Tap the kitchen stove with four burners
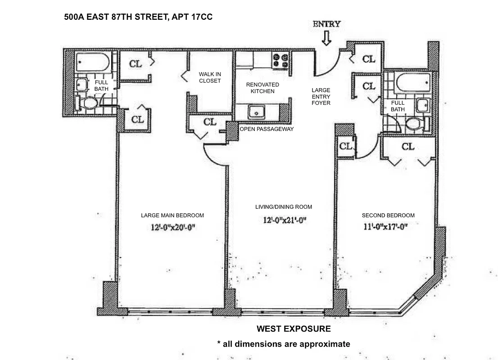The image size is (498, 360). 280,61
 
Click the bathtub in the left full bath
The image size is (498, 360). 92,62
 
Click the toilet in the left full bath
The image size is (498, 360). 89,103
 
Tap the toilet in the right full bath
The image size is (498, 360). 413,124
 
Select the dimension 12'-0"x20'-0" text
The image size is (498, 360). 172,228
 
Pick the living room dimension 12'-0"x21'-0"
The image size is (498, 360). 282,220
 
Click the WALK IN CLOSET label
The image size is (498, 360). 210,77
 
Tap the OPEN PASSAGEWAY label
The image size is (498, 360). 267,129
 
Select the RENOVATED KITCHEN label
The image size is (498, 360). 263,88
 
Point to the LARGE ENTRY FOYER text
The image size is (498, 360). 321,96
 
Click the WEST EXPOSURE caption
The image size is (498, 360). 294,329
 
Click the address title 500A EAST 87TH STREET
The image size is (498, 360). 138,18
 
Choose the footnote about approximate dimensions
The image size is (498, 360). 283,344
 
